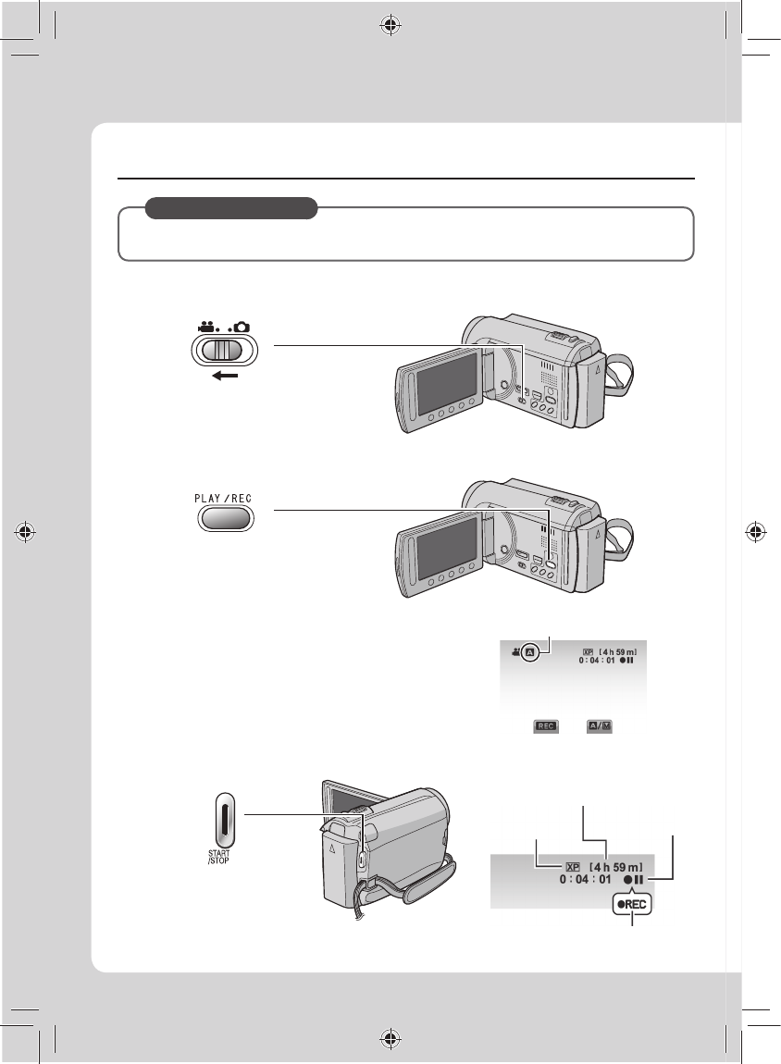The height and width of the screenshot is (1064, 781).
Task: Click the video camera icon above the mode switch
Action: (207, 328)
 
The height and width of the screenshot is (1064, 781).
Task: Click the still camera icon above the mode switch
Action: (241, 328)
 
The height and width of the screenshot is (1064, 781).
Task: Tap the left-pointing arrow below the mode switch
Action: (225, 376)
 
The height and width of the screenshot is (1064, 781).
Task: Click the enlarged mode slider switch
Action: (225, 350)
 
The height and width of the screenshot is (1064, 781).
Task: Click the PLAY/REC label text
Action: (223, 498)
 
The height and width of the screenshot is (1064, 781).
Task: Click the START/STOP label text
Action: (218, 857)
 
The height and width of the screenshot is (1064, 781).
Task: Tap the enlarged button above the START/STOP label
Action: (225, 819)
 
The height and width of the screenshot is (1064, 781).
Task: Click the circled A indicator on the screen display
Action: (530, 653)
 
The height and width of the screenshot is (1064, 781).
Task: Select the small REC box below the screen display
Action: (546, 726)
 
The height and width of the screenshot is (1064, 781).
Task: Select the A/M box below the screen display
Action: (600, 726)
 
